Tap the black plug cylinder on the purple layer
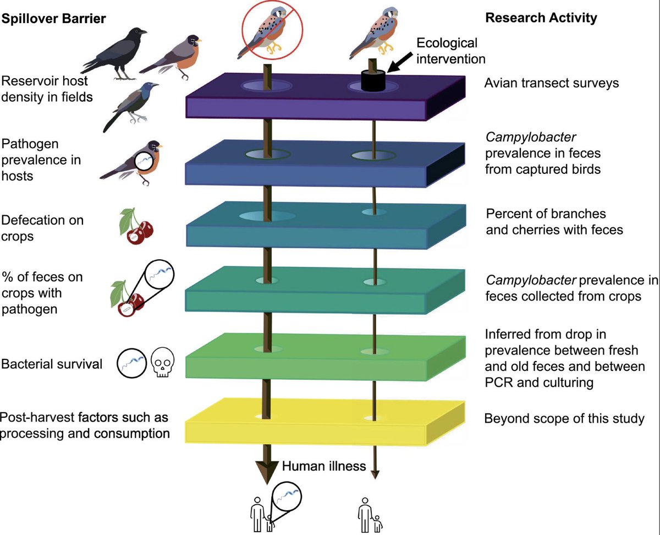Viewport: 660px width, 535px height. pyautogui.click(x=373, y=80)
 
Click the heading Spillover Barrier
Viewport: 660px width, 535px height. pyautogui.click(x=53, y=19)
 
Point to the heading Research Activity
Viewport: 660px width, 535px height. pyautogui.click(x=541, y=18)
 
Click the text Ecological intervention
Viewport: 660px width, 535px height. pyautogui.click(x=450, y=51)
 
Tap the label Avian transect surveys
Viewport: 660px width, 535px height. pyautogui.click(x=552, y=83)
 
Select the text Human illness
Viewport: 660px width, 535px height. pyautogui.click(x=324, y=466)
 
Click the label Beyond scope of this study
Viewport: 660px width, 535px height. pyautogui.click(x=564, y=418)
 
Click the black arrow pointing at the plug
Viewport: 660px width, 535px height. pyautogui.click(x=400, y=62)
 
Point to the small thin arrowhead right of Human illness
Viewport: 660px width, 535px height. pyautogui.click(x=375, y=474)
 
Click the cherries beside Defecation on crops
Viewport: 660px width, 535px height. pyautogui.click(x=136, y=226)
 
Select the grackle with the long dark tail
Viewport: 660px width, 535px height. pyautogui.click(x=131, y=107)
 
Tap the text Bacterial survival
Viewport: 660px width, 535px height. pyautogui.click(x=52, y=364)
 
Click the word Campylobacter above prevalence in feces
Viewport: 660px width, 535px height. pyautogui.click(x=531, y=137)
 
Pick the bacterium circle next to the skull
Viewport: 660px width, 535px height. pyautogui.click(x=131, y=363)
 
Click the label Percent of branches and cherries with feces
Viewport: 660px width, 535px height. pyautogui.click(x=554, y=222)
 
